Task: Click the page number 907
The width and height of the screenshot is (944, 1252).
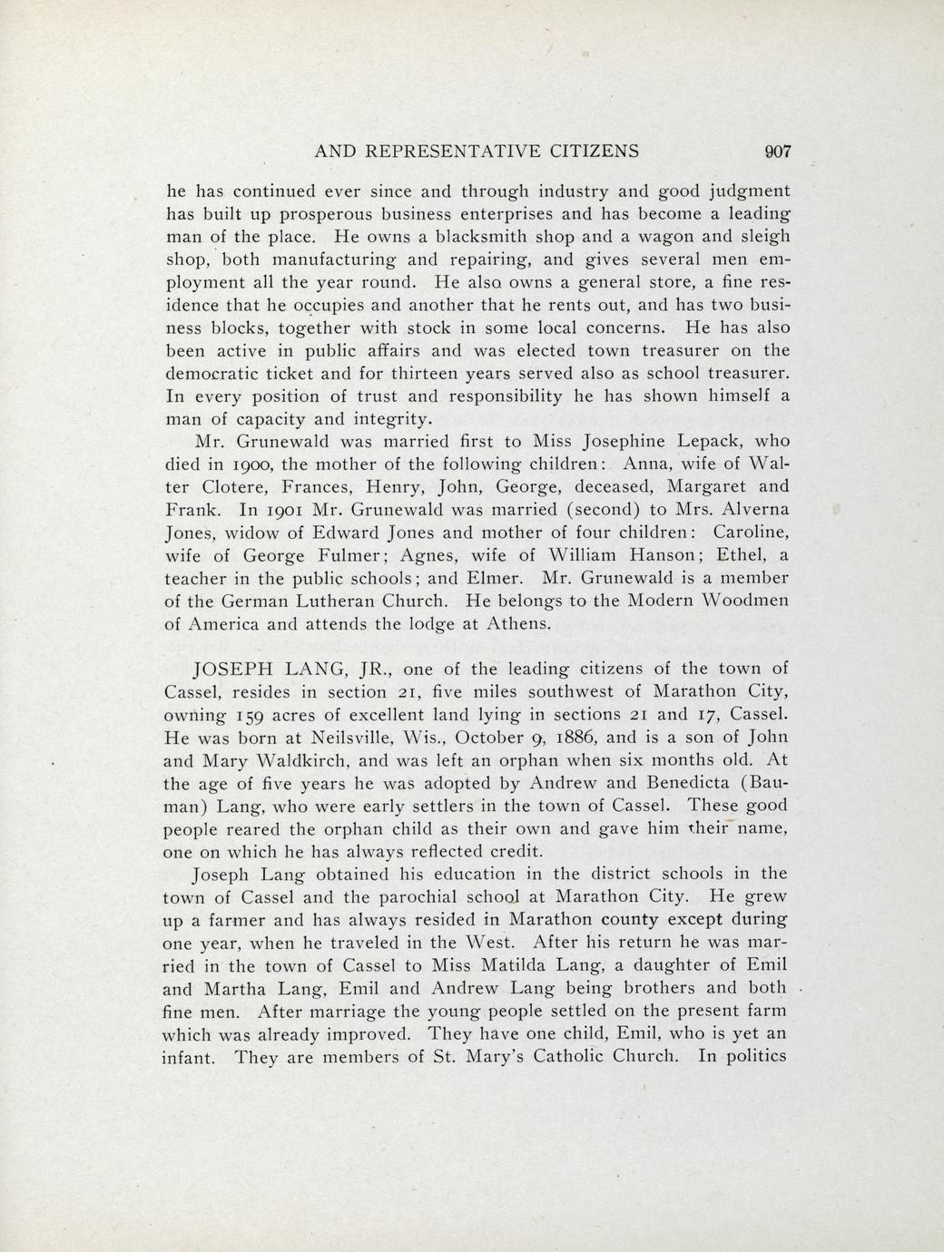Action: coord(779,152)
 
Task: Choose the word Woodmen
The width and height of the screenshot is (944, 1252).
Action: coord(743,601)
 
